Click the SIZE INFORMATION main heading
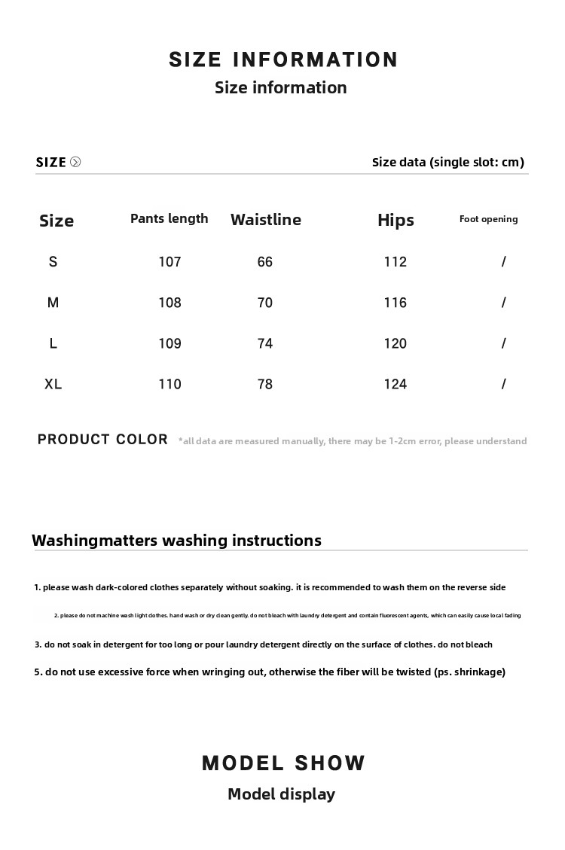[283, 60]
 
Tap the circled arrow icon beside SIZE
[75, 162]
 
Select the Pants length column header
[169, 218]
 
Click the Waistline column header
[265, 219]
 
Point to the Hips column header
[395, 220]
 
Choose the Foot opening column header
[488, 219]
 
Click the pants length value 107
[169, 262]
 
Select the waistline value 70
[264, 303]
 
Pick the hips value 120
[395, 343]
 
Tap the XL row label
[53, 384]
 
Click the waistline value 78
[264, 384]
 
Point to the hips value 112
[395, 262]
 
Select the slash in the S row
[503, 262]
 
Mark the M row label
[53, 303]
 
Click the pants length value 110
[169, 384]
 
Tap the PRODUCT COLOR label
[102, 439]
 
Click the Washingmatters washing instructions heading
[176, 541]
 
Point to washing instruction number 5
[270, 672]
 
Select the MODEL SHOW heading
[283, 763]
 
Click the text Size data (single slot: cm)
[447, 162]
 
